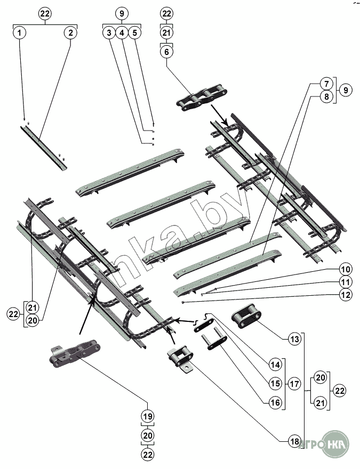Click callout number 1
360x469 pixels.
coord(19,33)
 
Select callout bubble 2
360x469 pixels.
coord(70,33)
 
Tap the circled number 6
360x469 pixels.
coord(166,52)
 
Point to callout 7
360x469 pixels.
coord(326,83)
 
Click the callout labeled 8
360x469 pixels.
coord(326,96)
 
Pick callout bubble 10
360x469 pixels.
coord(346,269)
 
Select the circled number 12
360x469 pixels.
coord(346,295)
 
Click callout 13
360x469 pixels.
coord(295,339)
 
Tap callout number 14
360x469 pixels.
coord(275,365)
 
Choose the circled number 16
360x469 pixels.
coord(275,402)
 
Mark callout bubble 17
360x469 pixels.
coord(294,384)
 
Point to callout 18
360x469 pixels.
coord(295,441)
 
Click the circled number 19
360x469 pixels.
coord(148,416)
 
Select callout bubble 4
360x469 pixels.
coord(122,33)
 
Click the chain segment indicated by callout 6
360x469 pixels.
coord(202,98)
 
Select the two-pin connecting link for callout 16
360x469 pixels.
coord(214,341)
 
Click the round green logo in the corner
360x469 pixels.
coord(336,443)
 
